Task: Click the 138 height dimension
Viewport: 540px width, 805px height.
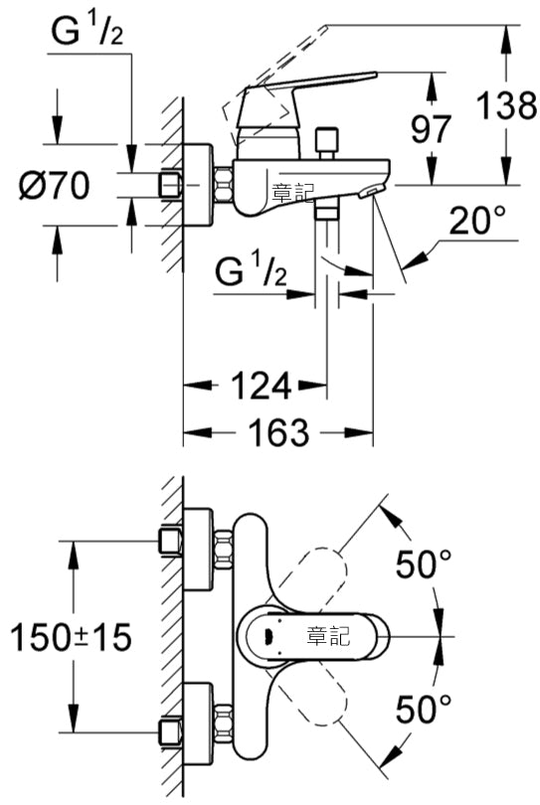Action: [x=506, y=105]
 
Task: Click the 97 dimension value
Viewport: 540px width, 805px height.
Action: [x=431, y=129]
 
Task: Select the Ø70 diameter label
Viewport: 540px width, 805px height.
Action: [x=54, y=185]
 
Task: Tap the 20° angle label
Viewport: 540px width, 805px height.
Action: [x=477, y=221]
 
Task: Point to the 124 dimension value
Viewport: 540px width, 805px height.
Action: [x=262, y=386]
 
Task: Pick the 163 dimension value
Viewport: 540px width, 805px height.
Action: [x=279, y=432]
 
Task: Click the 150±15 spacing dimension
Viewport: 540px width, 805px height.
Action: [x=71, y=637]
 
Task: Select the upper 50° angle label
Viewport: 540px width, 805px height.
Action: [x=424, y=563]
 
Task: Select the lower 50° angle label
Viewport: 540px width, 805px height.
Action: [x=424, y=710]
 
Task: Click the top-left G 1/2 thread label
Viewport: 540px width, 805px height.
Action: [x=88, y=32]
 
